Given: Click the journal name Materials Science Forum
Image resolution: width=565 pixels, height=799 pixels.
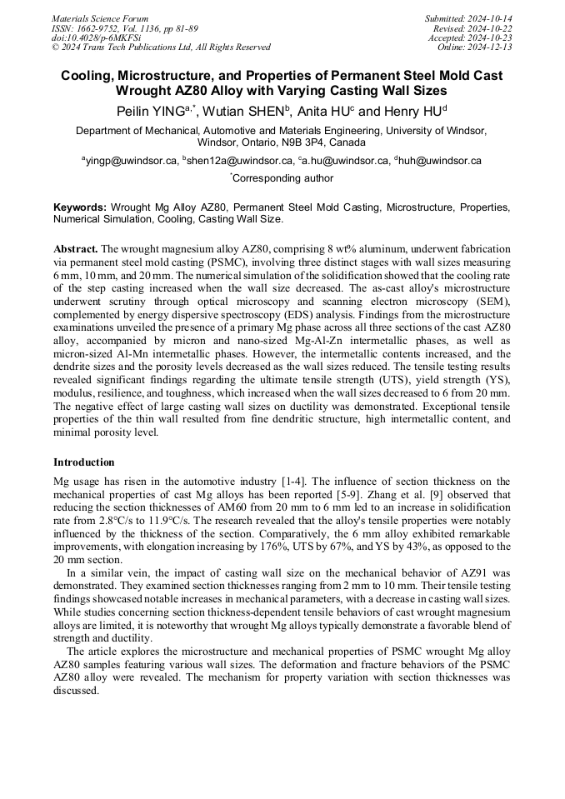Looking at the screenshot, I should pyautogui.click(x=100, y=18).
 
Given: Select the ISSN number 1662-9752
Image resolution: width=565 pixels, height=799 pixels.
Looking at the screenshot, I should pyautogui.click(x=104, y=27).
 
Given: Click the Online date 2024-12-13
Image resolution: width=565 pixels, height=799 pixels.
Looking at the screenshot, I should pyautogui.click(x=492, y=47).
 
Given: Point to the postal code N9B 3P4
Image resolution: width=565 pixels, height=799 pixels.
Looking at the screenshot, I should pyautogui.click(x=304, y=142).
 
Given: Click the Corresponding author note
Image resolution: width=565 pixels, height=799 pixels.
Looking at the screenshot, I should pyautogui.click(x=282, y=178).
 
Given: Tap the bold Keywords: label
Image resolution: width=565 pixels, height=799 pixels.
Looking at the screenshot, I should pyautogui.click(x=80, y=207).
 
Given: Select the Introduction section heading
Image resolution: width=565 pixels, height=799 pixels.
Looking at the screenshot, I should pyautogui.click(x=84, y=462).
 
